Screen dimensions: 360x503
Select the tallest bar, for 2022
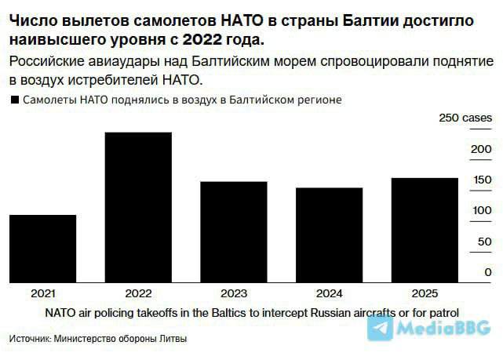138,205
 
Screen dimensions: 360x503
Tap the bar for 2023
234,231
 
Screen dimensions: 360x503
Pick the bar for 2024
329,234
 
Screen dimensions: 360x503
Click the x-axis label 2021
43,293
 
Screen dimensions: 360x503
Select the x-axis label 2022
138,293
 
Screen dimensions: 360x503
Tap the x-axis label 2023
234,293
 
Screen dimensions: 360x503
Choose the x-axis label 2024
329,293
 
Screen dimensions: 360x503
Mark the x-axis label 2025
425,293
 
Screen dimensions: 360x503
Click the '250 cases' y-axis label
465,118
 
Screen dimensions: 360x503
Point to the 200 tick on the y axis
481,149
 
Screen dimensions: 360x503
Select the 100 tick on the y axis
481,210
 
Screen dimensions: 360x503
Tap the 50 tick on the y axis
484,241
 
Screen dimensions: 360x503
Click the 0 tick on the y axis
488,271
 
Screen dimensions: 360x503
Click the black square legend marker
13,100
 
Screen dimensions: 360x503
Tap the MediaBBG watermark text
443,329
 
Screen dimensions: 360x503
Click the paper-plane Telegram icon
381,329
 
